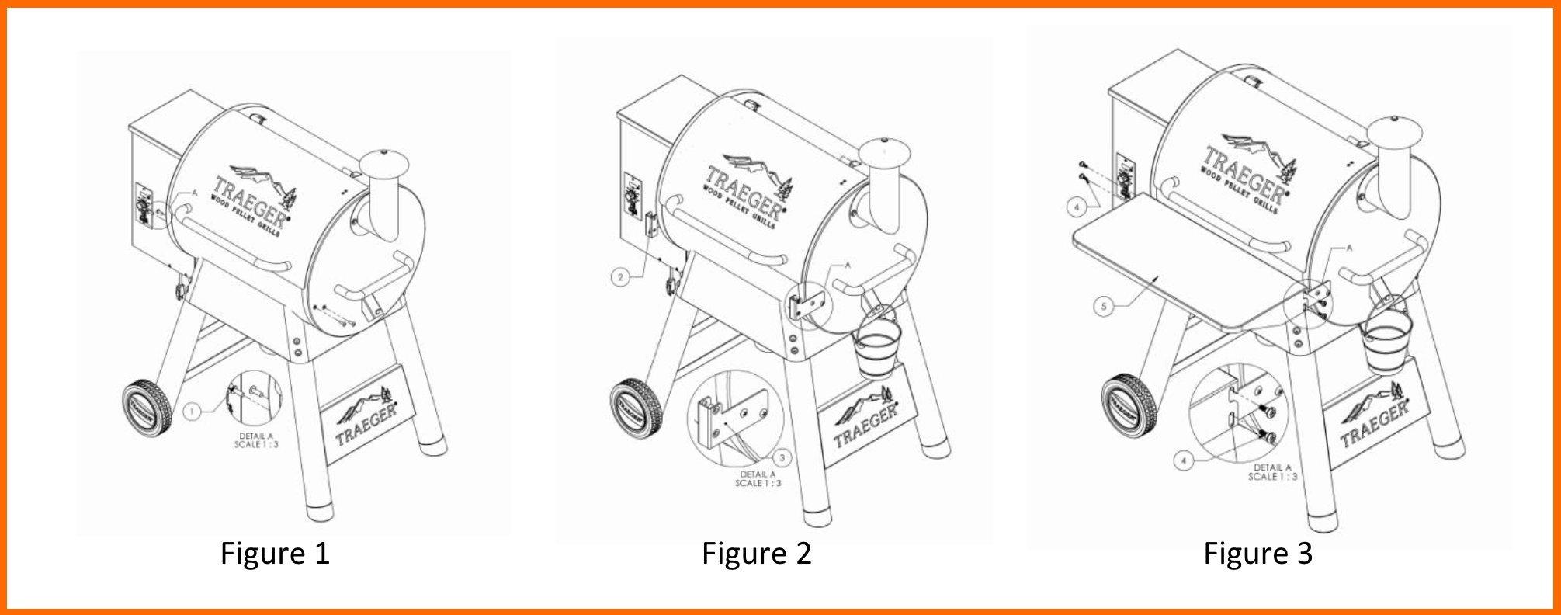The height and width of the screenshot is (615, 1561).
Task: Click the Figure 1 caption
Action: click(x=275, y=554)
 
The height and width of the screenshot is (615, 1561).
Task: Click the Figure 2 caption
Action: click(x=757, y=554)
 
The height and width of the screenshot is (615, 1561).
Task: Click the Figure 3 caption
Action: click(x=1258, y=554)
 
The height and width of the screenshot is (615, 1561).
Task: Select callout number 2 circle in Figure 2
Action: click(x=619, y=276)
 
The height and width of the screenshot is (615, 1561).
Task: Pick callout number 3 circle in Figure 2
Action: click(x=782, y=457)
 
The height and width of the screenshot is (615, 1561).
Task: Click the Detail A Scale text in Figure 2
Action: click(x=758, y=478)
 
